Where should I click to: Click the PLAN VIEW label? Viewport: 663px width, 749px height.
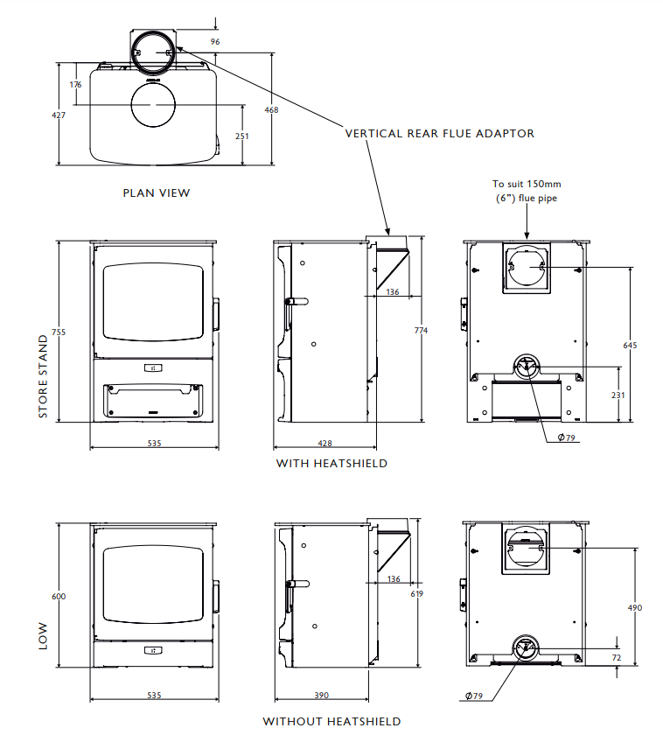pos(156,192)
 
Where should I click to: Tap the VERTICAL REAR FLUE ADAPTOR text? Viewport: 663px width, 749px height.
pos(439,134)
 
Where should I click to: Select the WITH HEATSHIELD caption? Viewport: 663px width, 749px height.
pos(331,463)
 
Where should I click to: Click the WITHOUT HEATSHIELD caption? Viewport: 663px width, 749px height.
pos(331,722)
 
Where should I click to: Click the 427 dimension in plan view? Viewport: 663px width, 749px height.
pos(59,115)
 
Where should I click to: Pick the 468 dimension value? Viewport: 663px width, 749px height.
pos(271,109)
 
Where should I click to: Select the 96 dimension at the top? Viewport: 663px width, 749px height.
pos(215,41)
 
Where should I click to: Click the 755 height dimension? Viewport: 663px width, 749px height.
pos(58,332)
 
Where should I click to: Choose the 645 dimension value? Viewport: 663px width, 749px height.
pos(630,346)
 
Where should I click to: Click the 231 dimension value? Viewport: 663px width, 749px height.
pos(618,395)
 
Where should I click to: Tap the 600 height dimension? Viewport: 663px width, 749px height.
pos(59,597)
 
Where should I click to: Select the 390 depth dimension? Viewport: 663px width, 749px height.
pos(321,696)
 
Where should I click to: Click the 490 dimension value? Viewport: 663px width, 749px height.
pos(635,607)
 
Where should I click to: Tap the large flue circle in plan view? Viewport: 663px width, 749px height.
pos(152,105)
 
